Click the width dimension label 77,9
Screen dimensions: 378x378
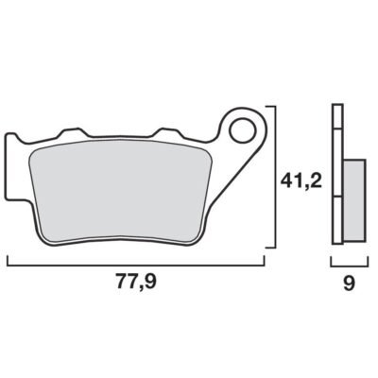[x=136, y=282]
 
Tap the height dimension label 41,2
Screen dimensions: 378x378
[x=301, y=181]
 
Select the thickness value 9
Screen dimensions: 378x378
[x=350, y=283]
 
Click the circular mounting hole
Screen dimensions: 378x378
[x=243, y=131]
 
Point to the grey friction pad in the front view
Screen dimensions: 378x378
[x=120, y=192]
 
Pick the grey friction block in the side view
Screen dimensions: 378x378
[x=354, y=199]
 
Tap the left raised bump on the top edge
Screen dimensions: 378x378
[x=72, y=132]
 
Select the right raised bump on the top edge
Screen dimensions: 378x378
[x=167, y=132]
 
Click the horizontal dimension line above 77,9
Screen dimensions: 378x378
[x=136, y=266]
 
